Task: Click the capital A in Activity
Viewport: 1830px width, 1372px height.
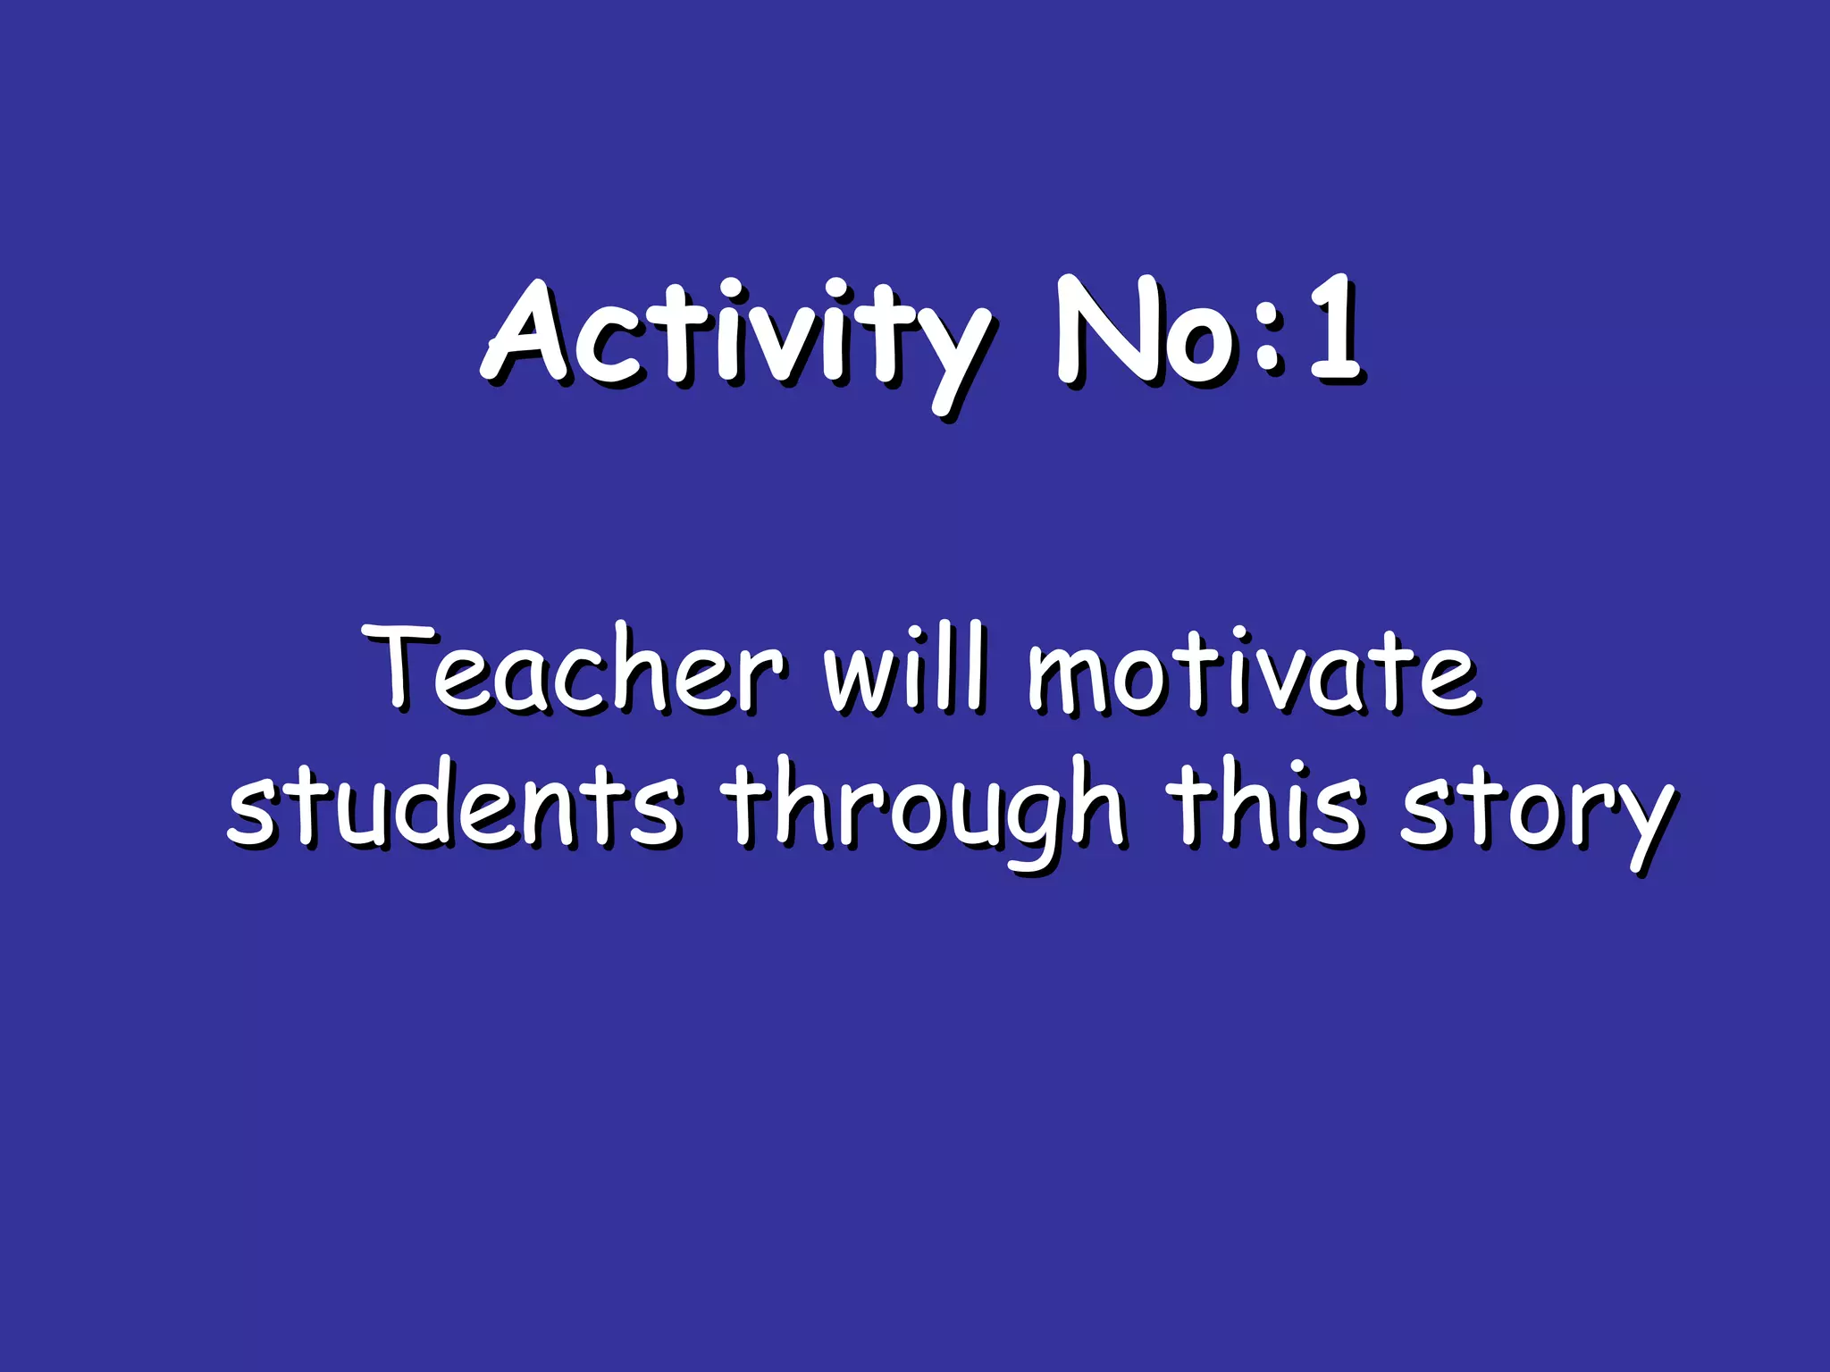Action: pos(527,335)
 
